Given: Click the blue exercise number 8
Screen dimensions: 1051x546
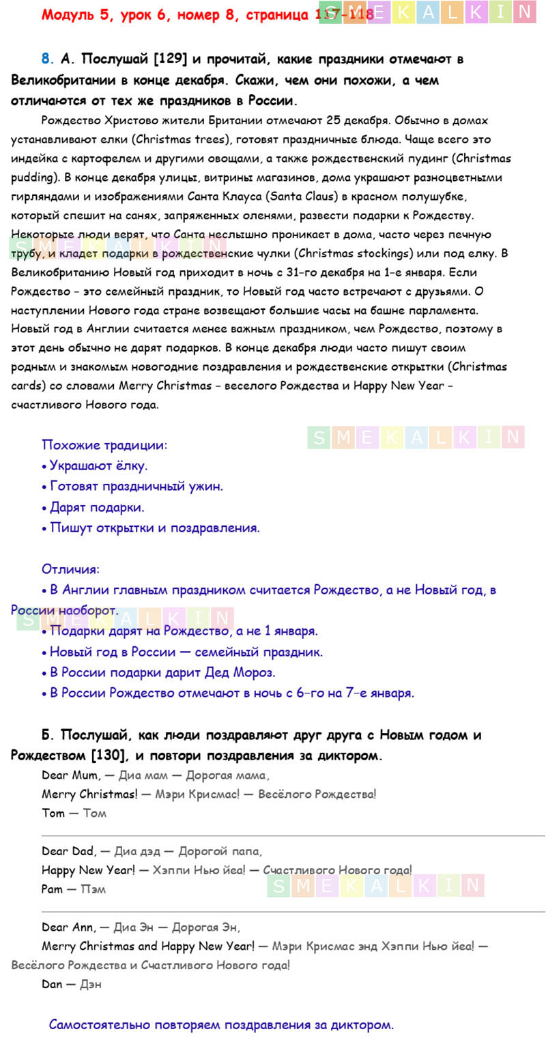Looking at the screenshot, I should coord(45,59).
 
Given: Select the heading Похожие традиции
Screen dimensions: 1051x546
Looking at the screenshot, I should coord(104,445).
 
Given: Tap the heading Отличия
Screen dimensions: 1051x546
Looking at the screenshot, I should coord(70,569).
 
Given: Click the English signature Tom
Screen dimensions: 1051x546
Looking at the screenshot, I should coord(53,814).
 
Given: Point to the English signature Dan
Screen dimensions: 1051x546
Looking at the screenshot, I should coord(53,985).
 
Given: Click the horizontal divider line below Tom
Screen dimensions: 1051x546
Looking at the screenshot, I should coord(293,835).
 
